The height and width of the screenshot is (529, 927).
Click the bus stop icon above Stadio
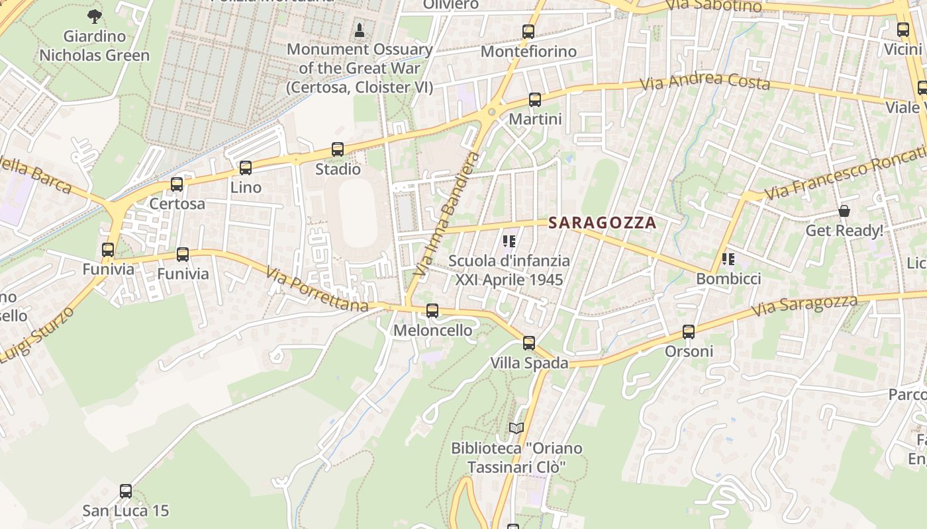click(x=338, y=149)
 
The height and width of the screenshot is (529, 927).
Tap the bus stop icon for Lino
click(x=246, y=168)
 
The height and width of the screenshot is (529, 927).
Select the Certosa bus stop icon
click(x=177, y=184)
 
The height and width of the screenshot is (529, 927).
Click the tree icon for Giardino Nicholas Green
click(x=95, y=16)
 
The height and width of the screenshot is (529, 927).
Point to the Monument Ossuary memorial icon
click(x=360, y=30)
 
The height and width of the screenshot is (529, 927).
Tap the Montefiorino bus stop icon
click(x=528, y=32)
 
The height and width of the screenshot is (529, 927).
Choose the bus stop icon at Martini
click(x=535, y=101)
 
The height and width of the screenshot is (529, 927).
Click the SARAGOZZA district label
click(x=603, y=223)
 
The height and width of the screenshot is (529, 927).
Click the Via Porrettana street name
click(x=317, y=290)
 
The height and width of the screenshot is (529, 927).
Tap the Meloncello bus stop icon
click(x=432, y=310)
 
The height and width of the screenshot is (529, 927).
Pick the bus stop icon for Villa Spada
click(x=529, y=343)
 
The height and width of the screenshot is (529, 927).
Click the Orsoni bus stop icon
click(x=689, y=332)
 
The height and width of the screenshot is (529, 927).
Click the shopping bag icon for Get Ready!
click(x=844, y=211)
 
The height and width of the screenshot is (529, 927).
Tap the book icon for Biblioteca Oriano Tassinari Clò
click(x=516, y=428)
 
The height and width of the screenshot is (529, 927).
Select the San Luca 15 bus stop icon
click(x=126, y=491)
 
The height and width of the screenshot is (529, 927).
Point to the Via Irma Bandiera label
click(x=446, y=214)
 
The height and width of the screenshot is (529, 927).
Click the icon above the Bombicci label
click(x=728, y=259)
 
